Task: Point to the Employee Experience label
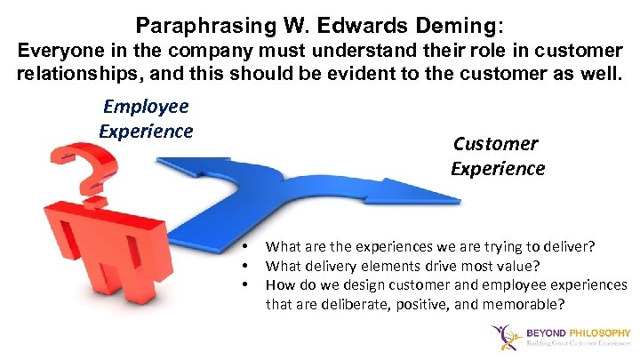pyautogui.click(x=146, y=119)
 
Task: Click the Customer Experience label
pyautogui.click(x=497, y=156)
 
